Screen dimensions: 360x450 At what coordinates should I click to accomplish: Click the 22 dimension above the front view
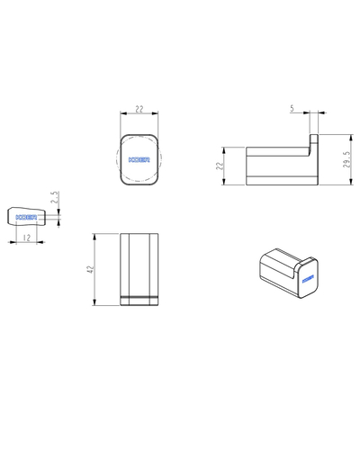pyautogui.click(x=139, y=109)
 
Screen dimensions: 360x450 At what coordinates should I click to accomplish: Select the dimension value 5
pyautogui.click(x=292, y=108)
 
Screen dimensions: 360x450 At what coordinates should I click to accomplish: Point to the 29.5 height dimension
pyautogui.click(x=346, y=159)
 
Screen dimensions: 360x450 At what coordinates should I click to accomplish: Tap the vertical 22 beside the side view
pyautogui.click(x=220, y=166)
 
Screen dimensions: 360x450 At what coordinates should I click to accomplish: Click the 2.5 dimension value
pyautogui.click(x=55, y=197)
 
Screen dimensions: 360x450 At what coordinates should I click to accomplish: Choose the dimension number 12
pyautogui.click(x=27, y=238)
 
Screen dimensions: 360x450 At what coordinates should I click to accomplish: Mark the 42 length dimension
pyautogui.click(x=90, y=269)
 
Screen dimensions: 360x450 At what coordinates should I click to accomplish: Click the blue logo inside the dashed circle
pyautogui.click(x=139, y=160)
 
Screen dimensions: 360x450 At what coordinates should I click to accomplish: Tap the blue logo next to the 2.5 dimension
pyautogui.click(x=26, y=217)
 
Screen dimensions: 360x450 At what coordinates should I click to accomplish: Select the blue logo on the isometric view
pyautogui.click(x=308, y=279)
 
